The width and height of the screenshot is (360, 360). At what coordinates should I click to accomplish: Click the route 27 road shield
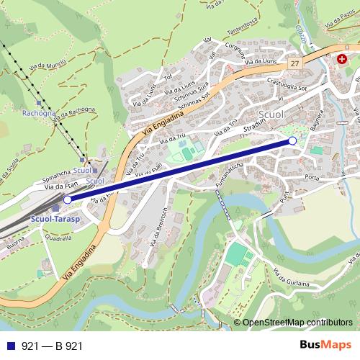[x=296, y=64]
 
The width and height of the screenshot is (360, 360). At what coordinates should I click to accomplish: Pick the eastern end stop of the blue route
[x=292, y=140]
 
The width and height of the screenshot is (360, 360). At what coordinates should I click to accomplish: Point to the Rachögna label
[x=37, y=113]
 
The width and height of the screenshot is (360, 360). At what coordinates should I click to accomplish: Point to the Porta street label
[x=311, y=177]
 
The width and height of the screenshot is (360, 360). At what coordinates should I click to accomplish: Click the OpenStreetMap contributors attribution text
[x=297, y=323]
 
